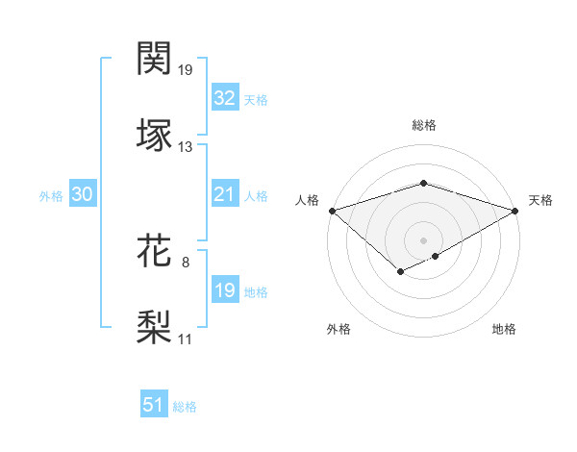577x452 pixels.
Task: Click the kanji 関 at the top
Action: (x=156, y=59)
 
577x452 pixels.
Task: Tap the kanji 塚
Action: (x=156, y=134)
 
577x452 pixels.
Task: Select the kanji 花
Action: (x=156, y=250)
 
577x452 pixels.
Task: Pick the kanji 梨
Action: (x=156, y=326)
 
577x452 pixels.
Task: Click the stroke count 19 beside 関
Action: (x=186, y=70)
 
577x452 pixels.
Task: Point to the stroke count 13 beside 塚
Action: (x=186, y=147)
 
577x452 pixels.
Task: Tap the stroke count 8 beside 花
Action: (x=186, y=262)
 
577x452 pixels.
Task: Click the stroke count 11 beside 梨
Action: (x=186, y=339)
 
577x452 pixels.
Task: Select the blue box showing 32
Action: (x=224, y=98)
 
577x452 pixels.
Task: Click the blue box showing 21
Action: (x=224, y=195)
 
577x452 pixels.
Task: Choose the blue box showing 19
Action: (x=224, y=291)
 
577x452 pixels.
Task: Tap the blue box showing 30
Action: (x=83, y=195)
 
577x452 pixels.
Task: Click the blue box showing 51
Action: (x=154, y=406)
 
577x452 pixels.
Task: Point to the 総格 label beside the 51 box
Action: (x=185, y=407)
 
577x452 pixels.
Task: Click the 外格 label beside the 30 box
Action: (x=51, y=196)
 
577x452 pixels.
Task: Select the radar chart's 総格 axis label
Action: (x=424, y=125)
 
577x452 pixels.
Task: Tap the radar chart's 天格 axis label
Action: (x=540, y=200)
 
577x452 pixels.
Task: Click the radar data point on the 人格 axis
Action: (x=332, y=210)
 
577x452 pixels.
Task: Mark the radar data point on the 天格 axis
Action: (x=515, y=210)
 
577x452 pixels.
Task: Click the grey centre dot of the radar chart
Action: (x=424, y=239)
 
